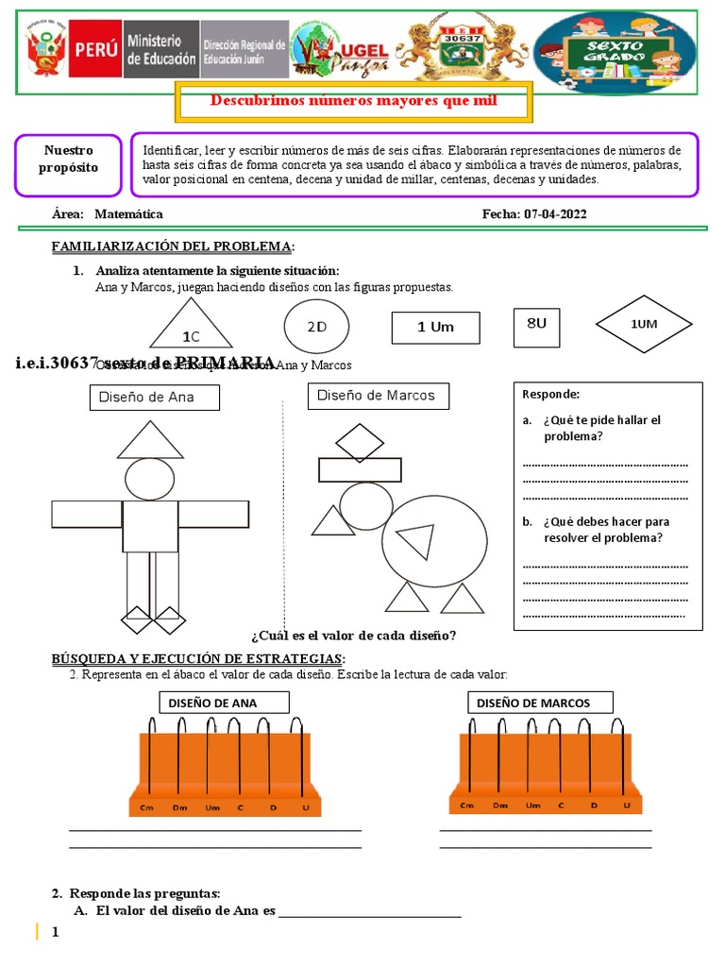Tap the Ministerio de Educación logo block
click(160, 51)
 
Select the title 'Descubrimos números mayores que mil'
click(353, 101)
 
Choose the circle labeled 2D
click(316, 326)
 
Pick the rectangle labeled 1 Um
click(435, 328)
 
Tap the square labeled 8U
click(536, 324)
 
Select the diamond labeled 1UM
click(643, 325)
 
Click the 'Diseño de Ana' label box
click(155, 398)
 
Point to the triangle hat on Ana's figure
click(151, 440)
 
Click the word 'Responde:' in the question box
click(550, 395)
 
